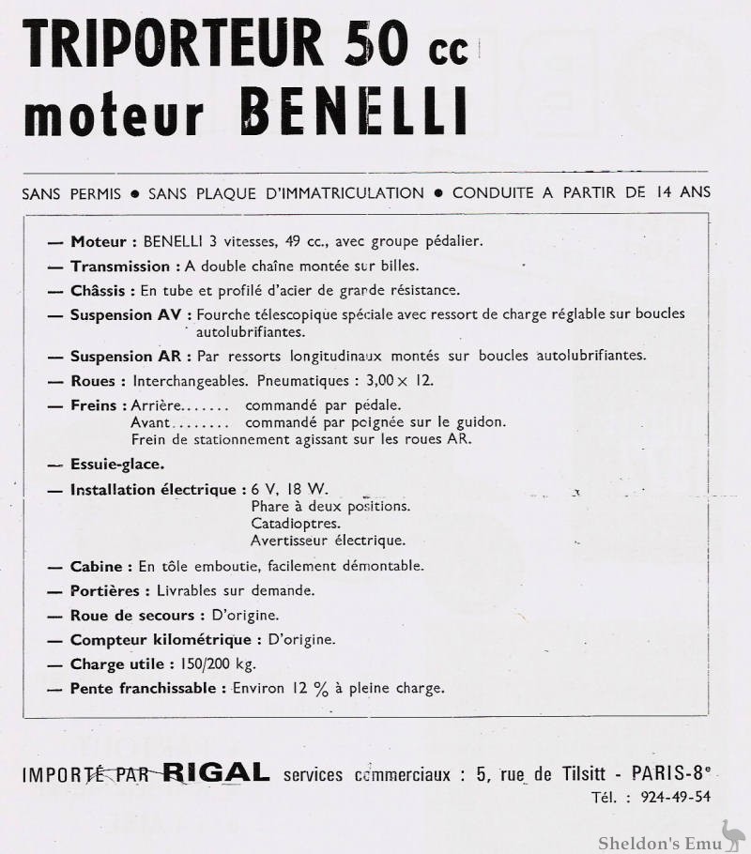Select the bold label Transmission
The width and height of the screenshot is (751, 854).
click(x=120, y=266)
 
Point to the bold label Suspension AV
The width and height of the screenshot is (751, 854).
click(x=130, y=314)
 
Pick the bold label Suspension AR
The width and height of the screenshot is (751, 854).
click(x=130, y=356)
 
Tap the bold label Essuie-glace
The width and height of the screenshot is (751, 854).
click(x=117, y=464)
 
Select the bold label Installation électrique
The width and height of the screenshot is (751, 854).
click(x=152, y=489)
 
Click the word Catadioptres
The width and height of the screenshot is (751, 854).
click(x=296, y=523)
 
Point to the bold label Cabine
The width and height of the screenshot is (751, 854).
click(x=96, y=566)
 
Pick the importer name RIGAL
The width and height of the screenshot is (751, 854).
click(x=216, y=773)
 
